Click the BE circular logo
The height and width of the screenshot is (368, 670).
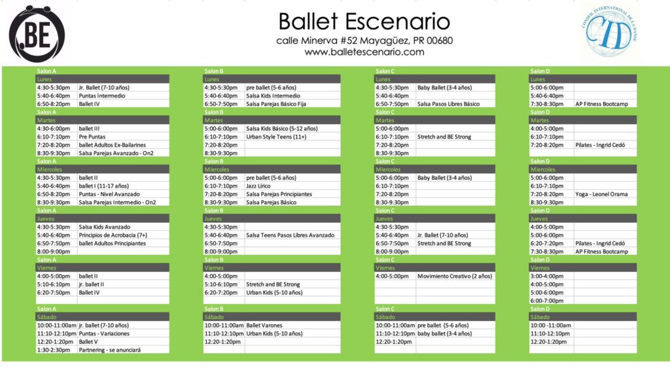pyautogui.click(x=37, y=34)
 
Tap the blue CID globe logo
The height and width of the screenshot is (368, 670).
pyautogui.click(x=609, y=32)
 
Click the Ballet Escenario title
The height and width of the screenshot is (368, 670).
pyautogui.click(x=364, y=22)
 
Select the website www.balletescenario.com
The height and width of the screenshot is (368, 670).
pyautogui.click(x=364, y=52)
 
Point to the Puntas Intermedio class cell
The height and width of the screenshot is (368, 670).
pyautogui.click(x=101, y=95)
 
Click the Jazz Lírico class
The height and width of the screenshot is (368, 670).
pyautogui.click(x=258, y=186)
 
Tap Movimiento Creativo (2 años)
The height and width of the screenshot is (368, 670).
pyautogui.click(x=455, y=276)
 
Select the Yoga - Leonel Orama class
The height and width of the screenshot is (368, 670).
pyautogui.click(x=601, y=194)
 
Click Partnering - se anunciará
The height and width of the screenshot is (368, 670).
pyautogui.click(x=109, y=350)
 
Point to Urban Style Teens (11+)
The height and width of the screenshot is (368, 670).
pyautogui.click(x=276, y=137)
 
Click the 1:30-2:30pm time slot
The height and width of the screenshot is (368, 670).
pyautogui.click(x=54, y=350)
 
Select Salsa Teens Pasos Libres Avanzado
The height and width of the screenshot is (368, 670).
pyautogui.click(x=290, y=235)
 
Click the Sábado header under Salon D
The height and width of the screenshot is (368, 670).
pyautogui.click(x=540, y=317)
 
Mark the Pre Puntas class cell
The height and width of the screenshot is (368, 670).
pyautogui.click(x=92, y=137)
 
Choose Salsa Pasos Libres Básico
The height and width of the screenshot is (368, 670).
pyautogui.click(x=448, y=104)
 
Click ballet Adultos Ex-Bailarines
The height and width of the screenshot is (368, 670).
pyautogui.click(x=112, y=144)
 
